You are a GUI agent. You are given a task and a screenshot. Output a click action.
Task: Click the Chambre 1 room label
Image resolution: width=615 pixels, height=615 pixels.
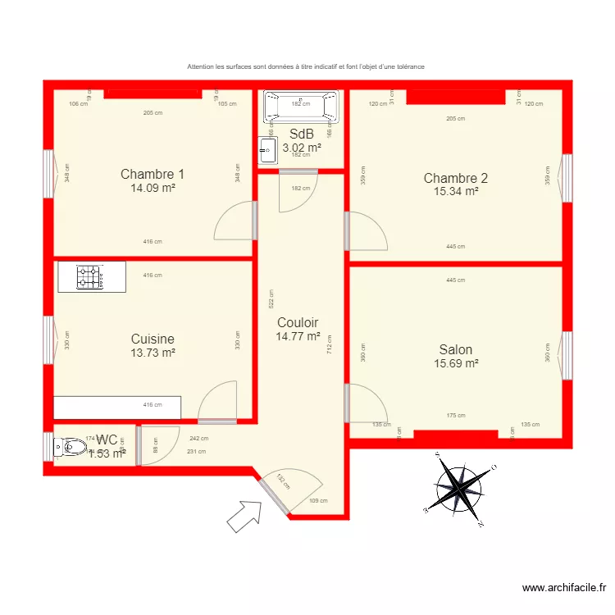(153, 174)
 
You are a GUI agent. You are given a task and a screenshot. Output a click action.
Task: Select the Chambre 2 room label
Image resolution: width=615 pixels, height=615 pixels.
(455, 178)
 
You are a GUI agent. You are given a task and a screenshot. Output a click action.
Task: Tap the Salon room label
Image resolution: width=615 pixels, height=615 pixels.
(455, 349)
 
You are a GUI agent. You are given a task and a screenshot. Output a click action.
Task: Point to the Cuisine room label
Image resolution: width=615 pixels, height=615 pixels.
(153, 339)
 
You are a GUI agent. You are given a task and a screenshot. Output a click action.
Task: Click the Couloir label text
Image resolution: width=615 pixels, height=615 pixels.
(298, 322)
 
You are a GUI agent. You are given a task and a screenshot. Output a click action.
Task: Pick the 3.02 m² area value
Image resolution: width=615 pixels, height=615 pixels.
(301, 148)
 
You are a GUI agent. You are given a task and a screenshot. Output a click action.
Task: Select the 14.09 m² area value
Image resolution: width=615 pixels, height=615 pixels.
(153, 187)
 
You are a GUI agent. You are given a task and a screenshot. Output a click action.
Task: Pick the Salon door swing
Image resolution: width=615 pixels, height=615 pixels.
(365, 403)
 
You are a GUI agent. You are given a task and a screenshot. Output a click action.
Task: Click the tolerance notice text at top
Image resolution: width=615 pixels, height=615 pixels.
(306, 66)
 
